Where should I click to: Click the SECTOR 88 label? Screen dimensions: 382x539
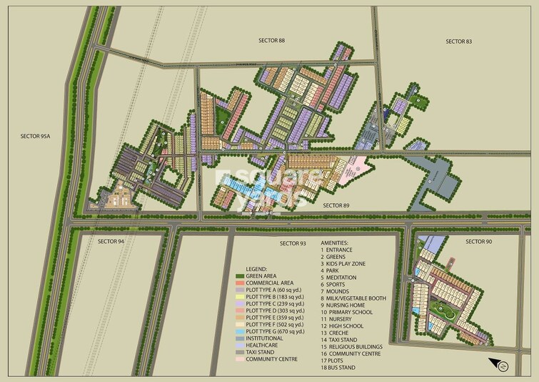tap(271, 41)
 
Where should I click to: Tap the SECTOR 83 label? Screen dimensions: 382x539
tap(458, 41)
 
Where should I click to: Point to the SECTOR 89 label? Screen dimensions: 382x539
tap(336, 205)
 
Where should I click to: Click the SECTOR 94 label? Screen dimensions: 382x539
tap(111, 242)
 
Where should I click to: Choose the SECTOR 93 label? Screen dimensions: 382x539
tap(293, 244)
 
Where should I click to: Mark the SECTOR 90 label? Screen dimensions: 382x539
tap(479, 242)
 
